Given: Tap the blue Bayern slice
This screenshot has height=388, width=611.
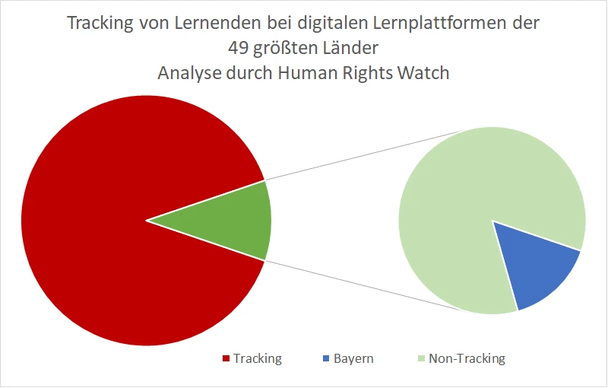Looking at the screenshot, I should tap(537, 271).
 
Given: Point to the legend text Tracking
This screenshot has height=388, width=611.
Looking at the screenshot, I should tap(257, 358).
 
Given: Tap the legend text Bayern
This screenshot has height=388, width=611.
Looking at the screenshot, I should tap(353, 358).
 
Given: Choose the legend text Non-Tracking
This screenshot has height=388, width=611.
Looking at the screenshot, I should tap(466, 358).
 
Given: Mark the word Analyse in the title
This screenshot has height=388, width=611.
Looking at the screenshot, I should tap(189, 74).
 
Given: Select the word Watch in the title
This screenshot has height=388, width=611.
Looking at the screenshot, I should tap(425, 74).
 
